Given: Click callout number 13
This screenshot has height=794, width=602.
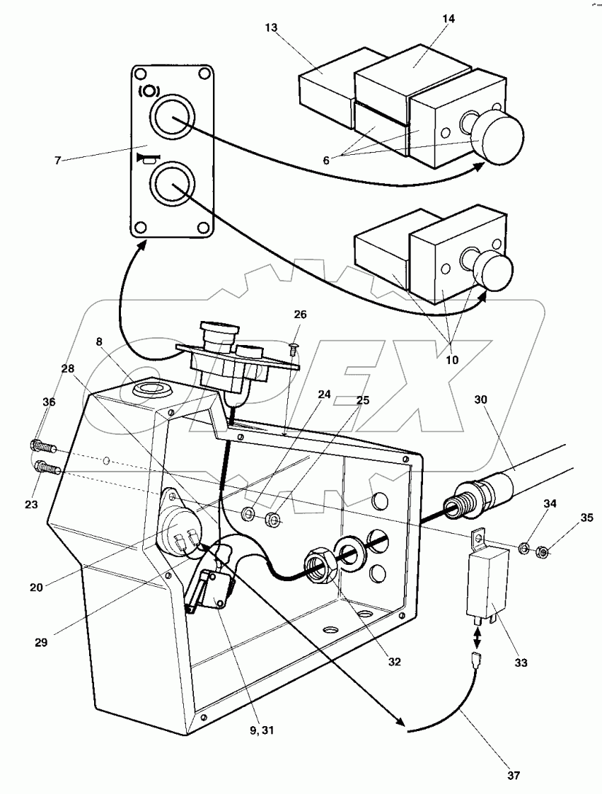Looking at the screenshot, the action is click(271, 27).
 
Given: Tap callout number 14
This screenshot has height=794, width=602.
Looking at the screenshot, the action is click(448, 18).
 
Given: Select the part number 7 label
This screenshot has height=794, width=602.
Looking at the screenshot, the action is click(57, 160).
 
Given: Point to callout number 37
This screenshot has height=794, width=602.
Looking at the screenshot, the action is click(513, 776).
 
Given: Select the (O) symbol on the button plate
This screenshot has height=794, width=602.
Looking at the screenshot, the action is click(149, 92).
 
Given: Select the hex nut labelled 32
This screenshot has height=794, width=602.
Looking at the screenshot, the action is click(318, 566).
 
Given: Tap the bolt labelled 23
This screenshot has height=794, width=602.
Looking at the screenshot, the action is click(47, 467).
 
